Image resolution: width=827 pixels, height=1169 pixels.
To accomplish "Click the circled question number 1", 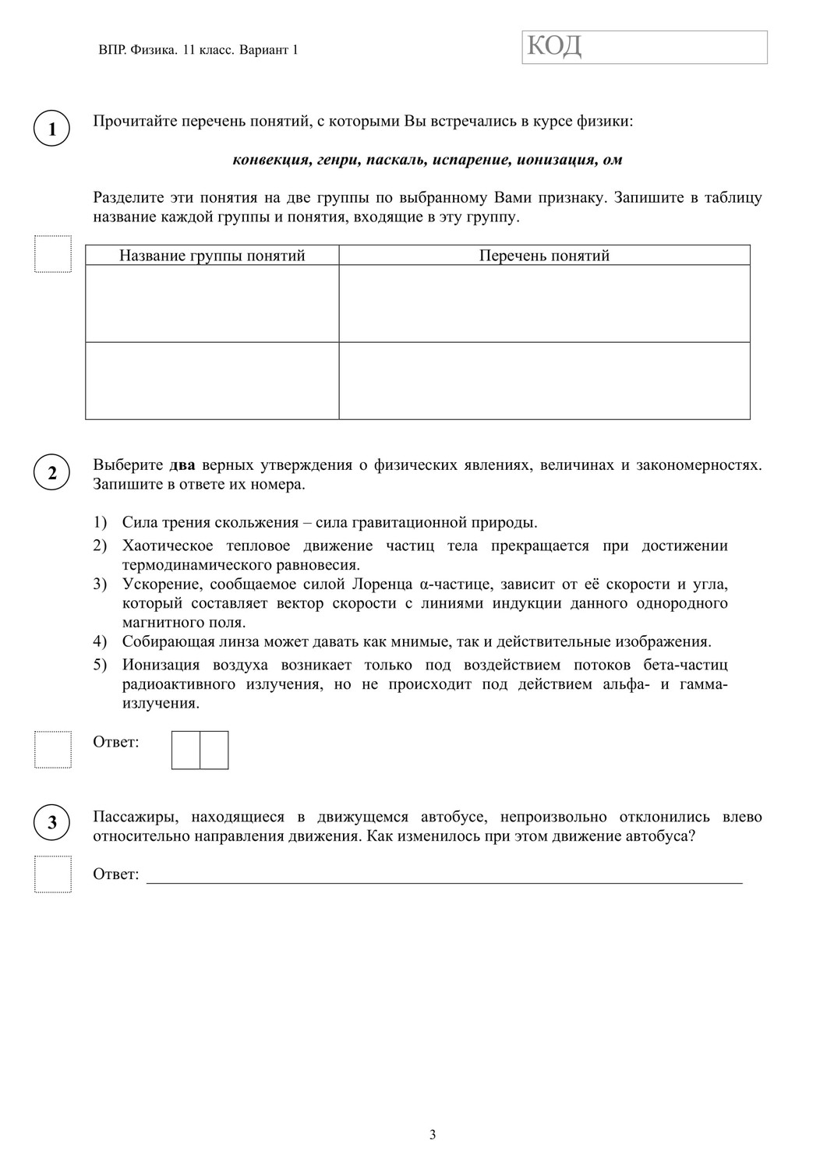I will tap(52, 129).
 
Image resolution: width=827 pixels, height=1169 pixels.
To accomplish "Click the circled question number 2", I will tap(52, 473).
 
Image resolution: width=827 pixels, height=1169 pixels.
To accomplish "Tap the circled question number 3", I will tap(52, 822).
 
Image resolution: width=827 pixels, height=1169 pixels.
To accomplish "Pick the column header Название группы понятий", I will tap(212, 256).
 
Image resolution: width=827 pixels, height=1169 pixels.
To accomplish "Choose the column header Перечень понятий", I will tap(544, 256).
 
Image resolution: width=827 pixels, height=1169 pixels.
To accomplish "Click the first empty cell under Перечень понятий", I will tap(544, 304).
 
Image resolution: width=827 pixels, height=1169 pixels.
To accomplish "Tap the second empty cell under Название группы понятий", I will tap(212, 381).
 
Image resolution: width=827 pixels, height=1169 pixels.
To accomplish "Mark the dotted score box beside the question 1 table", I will tap(53, 254).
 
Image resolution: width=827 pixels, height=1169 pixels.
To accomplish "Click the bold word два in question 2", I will tap(182, 465).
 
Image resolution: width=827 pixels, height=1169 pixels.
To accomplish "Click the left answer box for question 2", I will tap(186, 750).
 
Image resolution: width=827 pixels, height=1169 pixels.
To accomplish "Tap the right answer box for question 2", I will tap(214, 750).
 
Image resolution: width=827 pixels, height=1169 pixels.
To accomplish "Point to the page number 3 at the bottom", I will tap(433, 1135).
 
